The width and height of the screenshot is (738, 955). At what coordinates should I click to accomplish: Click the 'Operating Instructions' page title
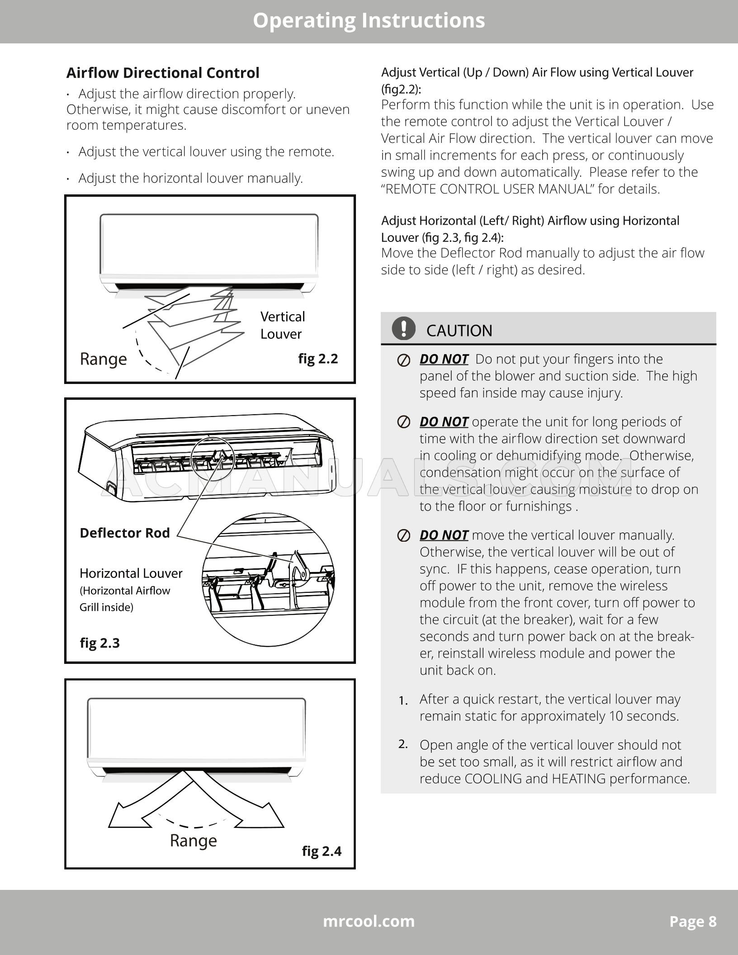click(x=369, y=21)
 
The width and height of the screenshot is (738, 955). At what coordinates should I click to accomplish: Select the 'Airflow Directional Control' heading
click(x=163, y=73)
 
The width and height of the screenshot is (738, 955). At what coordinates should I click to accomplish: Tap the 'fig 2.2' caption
click(x=318, y=359)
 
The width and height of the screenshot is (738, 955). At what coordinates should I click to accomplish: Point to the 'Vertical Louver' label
click(x=282, y=325)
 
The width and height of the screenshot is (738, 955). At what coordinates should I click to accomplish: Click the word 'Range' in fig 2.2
click(x=103, y=359)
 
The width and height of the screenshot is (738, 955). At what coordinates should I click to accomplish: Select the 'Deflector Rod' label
click(x=124, y=533)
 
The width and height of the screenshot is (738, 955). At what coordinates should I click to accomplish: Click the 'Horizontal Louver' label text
click(x=131, y=573)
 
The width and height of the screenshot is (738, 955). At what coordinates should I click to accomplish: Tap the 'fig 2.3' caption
click(x=99, y=643)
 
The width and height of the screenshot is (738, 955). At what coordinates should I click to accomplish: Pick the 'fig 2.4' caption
click(x=322, y=851)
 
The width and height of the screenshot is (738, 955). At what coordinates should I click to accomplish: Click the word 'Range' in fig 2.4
click(x=193, y=841)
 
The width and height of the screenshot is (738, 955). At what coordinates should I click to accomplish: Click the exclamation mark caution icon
click(x=403, y=329)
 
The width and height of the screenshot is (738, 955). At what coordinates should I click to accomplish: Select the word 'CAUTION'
click(x=459, y=331)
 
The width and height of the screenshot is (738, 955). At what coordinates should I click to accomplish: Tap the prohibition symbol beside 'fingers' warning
click(x=403, y=360)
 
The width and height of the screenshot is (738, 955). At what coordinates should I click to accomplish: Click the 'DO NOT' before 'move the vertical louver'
click(x=444, y=535)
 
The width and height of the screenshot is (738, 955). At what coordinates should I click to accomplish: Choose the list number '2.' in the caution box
click(x=403, y=744)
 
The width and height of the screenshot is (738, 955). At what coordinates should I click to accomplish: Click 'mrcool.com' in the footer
click(x=369, y=922)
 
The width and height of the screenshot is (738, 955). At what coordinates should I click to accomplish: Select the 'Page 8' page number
click(x=693, y=922)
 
